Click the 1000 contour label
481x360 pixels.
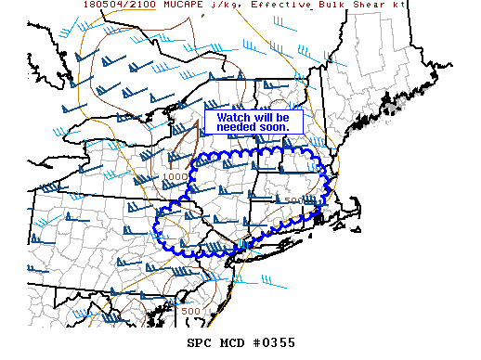click(175, 176)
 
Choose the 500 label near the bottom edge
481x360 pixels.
click(191, 311)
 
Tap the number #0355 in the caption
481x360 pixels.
click(276, 342)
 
